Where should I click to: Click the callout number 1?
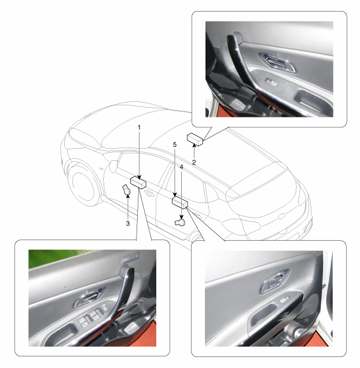pyautogui.click(x=139, y=127)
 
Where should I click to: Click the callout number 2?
pyautogui.click(x=194, y=162)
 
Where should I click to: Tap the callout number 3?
pyautogui.click(x=128, y=223)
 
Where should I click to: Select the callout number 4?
pyautogui.click(x=181, y=167)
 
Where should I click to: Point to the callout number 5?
pyautogui.click(x=175, y=145)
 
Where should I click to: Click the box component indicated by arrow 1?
pyautogui.click(x=138, y=182)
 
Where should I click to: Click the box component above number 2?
pyautogui.click(x=195, y=139)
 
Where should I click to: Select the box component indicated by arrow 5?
pyautogui.click(x=180, y=203)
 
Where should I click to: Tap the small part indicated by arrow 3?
pyautogui.click(x=127, y=190)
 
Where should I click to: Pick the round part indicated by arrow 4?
pyautogui.click(x=181, y=222)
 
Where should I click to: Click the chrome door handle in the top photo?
pyautogui.click(x=278, y=61)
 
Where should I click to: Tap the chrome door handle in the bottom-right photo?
pyautogui.click(x=274, y=281)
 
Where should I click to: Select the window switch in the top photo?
pyautogui.click(x=271, y=82)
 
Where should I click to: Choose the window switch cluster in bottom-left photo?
pyautogui.click(x=92, y=316)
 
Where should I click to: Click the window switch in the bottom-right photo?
pyautogui.click(x=284, y=300)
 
